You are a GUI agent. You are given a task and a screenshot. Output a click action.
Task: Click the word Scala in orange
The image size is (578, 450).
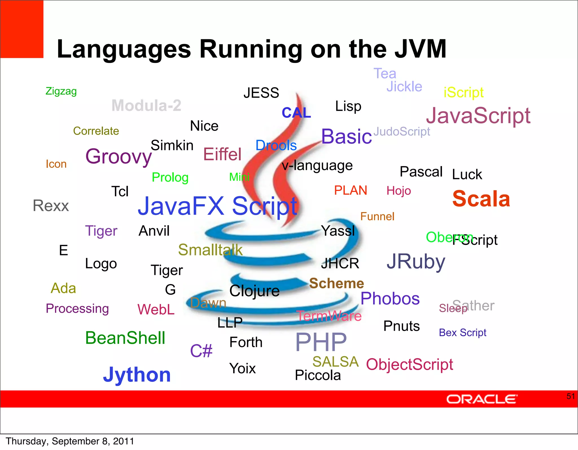tap(481, 199)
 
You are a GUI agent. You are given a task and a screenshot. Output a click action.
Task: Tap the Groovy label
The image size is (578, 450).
tap(119, 156)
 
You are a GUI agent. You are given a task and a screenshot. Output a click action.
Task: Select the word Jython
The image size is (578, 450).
tap(137, 375)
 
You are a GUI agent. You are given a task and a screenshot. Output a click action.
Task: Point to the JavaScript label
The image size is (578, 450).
tap(478, 116)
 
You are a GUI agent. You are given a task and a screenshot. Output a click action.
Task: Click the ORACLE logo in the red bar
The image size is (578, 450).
tap(481, 399)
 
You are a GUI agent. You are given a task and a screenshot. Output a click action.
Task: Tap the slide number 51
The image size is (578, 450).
tap(570, 396)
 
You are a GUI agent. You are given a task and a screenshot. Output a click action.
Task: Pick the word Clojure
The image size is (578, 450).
tap(254, 291)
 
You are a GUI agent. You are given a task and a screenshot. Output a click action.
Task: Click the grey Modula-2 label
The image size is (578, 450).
tap(146, 105)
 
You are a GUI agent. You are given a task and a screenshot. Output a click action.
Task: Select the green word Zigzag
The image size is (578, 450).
tap(61, 91)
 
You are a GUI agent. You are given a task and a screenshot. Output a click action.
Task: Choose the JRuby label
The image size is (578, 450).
tap(416, 262)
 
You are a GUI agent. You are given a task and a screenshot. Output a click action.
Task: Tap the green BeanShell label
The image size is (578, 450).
tap(125, 338)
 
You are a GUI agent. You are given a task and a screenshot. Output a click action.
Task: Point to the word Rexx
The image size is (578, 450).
tap(51, 206)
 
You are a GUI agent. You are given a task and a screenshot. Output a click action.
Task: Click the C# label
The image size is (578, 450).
tap(201, 351)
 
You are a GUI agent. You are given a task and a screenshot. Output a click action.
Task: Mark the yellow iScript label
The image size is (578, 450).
tap(463, 92)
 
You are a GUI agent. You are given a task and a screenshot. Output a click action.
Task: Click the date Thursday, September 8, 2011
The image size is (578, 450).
tap(70, 441)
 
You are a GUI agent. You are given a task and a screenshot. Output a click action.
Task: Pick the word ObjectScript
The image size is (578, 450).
tap(410, 364)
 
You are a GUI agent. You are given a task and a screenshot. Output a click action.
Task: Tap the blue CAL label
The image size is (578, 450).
tap(296, 113)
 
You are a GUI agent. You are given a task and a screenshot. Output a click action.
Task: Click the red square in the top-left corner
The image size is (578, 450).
tap(22, 29)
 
